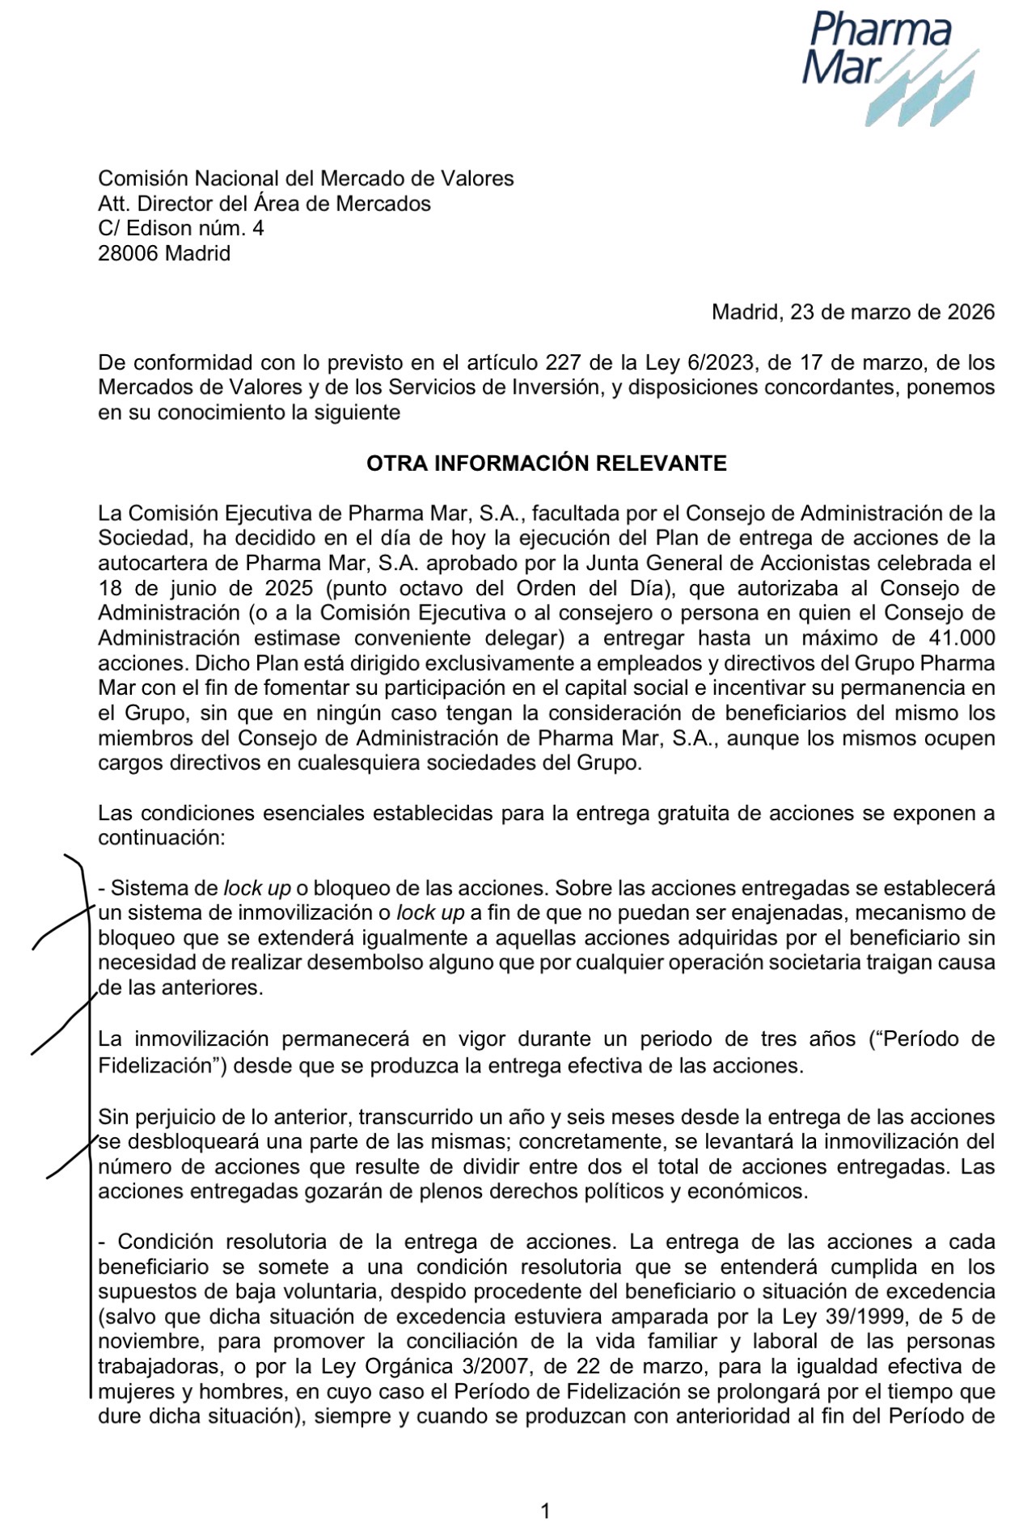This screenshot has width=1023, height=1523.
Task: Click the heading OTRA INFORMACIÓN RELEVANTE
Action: [546, 463]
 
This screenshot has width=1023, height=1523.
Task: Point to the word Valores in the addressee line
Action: [476, 178]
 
